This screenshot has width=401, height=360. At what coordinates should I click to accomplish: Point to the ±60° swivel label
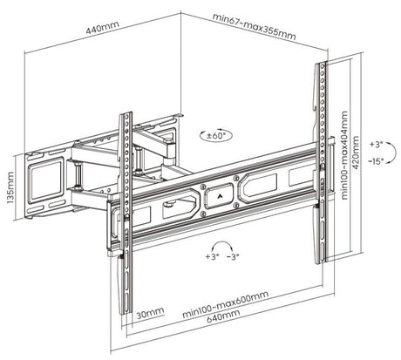[214, 136]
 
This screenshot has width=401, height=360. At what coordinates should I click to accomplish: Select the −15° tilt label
[377, 161]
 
